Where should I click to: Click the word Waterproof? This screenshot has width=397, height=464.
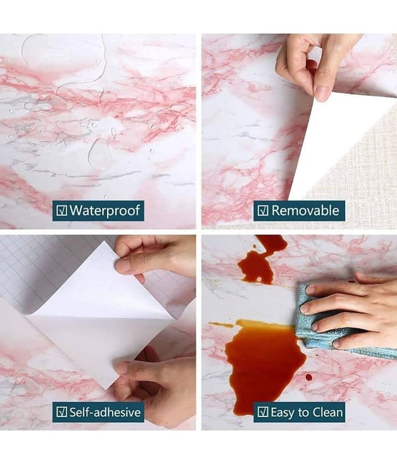point(105,211)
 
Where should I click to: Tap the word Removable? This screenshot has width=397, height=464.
point(305,211)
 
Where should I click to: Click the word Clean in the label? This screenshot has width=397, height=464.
point(329,412)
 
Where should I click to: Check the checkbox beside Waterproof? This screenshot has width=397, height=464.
point(62,211)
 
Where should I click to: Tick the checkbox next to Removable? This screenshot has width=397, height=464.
point(263,211)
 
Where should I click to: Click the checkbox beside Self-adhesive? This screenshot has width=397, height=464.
point(62,412)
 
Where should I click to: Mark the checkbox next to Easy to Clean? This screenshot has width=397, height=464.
point(263,412)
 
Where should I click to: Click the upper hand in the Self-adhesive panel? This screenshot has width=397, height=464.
point(154,258)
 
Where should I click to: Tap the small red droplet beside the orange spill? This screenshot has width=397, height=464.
point(309,378)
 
